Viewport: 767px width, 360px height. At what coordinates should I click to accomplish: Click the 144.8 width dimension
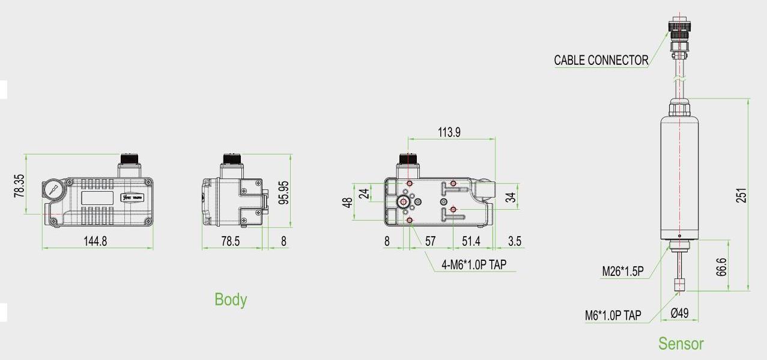pos(95,241)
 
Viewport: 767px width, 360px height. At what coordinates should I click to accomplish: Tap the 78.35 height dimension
pos(19,186)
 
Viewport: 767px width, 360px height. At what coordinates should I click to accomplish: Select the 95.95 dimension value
pos(283,193)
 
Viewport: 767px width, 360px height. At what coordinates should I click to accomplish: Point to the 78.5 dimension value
pos(231,241)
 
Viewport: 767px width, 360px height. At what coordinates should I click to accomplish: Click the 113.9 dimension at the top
pos(449,132)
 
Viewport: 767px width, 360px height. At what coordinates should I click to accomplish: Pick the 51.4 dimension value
pos(471,241)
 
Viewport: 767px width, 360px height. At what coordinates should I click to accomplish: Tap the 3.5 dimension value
pos(515,241)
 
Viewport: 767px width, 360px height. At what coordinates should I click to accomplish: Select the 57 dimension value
pos(431,241)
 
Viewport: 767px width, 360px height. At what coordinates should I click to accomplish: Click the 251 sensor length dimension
pos(741,195)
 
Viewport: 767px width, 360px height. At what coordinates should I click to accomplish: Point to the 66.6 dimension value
pos(721,267)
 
